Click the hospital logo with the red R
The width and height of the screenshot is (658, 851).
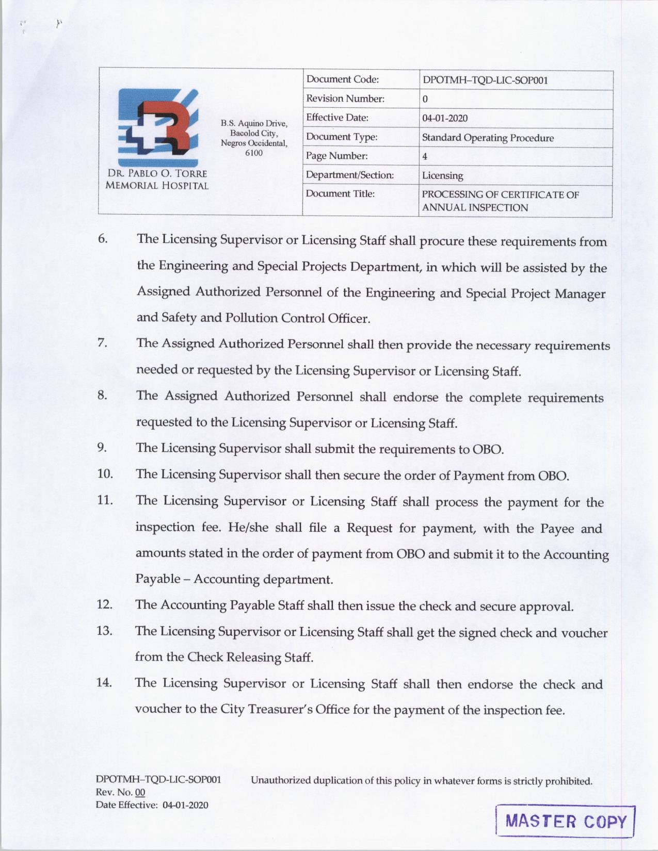point(158,127)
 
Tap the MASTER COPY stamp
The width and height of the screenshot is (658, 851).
point(566,821)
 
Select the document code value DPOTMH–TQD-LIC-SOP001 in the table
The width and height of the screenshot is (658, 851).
point(485,80)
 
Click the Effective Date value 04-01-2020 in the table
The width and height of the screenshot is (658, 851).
point(445,118)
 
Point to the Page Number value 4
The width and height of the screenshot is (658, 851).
point(425,157)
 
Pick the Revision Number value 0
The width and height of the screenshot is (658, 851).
point(425,99)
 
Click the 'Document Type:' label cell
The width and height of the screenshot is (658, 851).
point(342,137)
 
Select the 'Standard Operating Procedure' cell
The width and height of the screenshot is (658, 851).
point(488,138)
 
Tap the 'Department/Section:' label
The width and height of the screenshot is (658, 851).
point(350,175)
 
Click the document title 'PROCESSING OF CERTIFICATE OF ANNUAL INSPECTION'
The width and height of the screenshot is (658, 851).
point(500,201)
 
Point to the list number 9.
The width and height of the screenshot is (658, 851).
point(102,447)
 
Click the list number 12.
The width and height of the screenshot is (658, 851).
point(104,604)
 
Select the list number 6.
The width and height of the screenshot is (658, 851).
point(103,239)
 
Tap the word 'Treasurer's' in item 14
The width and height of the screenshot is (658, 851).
point(280,709)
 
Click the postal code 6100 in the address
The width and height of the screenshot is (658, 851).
point(253,153)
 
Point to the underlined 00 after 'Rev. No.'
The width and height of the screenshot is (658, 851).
point(140,793)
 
